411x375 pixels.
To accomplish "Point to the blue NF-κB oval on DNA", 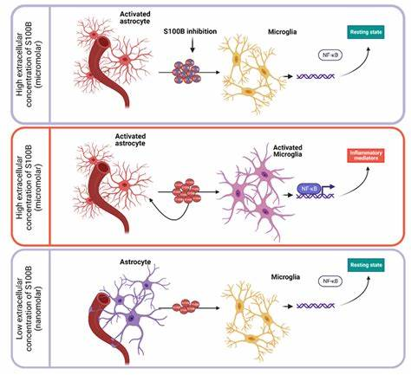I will coord(310,187).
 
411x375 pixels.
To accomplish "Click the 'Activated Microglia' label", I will coord(275,150).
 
